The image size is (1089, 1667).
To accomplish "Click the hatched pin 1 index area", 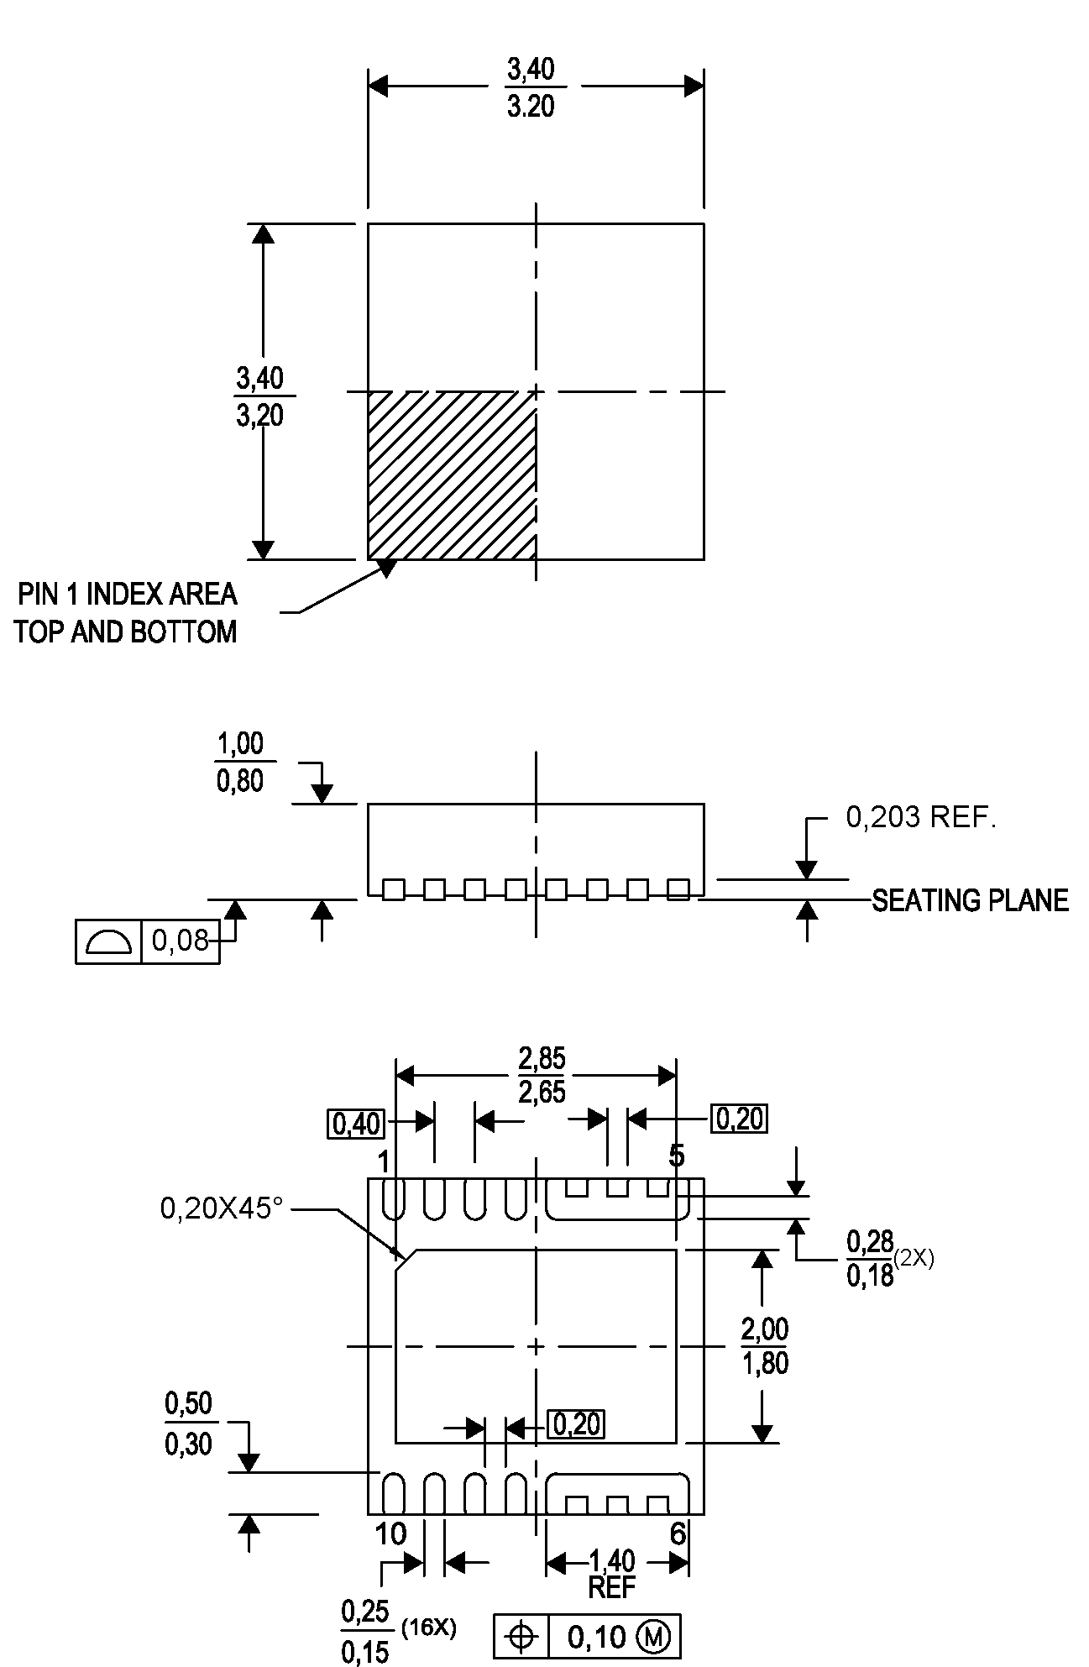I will [x=452, y=474].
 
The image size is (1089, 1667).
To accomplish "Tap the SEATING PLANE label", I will [x=970, y=900].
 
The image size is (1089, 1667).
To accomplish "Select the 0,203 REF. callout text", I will [x=920, y=817].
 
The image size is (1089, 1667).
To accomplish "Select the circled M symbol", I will [x=654, y=1636].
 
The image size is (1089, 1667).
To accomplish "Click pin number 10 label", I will [x=390, y=1534].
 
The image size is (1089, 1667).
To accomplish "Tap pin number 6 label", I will [x=678, y=1534].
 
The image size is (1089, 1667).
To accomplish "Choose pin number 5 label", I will [x=677, y=1156].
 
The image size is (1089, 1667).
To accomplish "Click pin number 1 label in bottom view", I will [x=384, y=1163].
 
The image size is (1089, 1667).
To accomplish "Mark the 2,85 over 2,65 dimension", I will [x=542, y=1075].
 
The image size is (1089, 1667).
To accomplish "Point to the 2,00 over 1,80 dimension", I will [x=765, y=1346].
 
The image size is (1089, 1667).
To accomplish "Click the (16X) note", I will [x=429, y=1628].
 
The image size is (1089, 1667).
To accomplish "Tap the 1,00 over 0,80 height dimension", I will [x=240, y=763].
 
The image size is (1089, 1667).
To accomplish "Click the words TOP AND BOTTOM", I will [x=126, y=632].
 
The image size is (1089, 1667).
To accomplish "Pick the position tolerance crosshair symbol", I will [x=521, y=1636].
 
